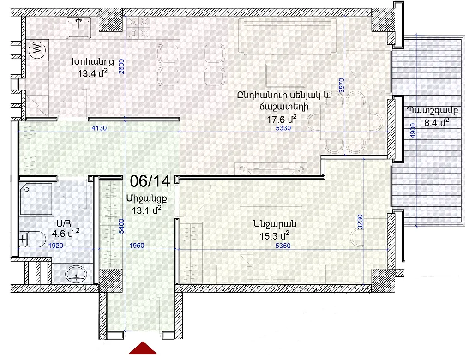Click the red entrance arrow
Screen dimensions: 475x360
(x=143, y=348)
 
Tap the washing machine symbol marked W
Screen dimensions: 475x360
(x=37, y=49)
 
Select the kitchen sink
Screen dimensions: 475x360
(x=78, y=28)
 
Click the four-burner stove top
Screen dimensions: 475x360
(x=138, y=28)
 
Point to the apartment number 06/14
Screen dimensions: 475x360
(x=150, y=181)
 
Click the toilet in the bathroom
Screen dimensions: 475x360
(x=32, y=240)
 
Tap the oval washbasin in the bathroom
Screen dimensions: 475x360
(x=76, y=274)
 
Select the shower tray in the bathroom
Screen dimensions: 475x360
(x=36, y=198)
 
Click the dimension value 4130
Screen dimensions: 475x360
(x=99, y=128)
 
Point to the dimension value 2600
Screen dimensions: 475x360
(x=121, y=66)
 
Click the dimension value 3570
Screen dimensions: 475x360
(x=342, y=85)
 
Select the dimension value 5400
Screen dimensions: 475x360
(x=121, y=226)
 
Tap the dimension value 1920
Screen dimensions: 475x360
(x=56, y=245)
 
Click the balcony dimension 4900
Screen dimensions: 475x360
(x=413, y=131)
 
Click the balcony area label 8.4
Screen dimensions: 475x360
(x=436, y=123)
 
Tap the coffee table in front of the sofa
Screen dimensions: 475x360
(x=285, y=75)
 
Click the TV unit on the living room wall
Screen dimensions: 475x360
(x=271, y=169)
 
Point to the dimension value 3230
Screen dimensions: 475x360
(x=360, y=222)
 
